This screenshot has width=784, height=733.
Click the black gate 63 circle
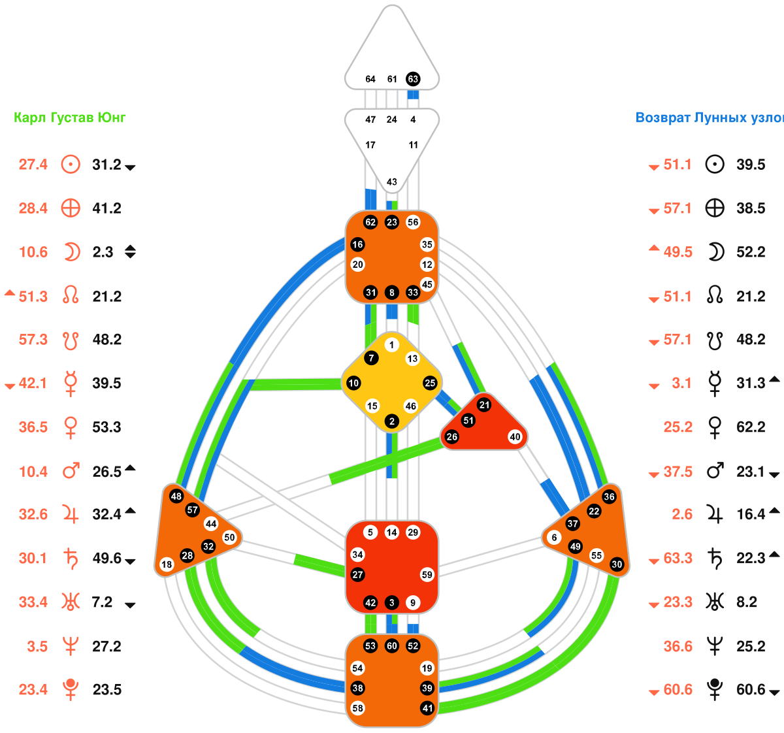pyautogui.click(x=412, y=79)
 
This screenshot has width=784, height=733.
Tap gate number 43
pyautogui.click(x=391, y=182)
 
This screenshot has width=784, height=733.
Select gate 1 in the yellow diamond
pyautogui.click(x=391, y=345)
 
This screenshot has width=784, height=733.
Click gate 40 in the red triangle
pyautogui.click(x=515, y=437)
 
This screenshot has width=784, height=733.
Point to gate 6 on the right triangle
pyautogui.click(x=555, y=538)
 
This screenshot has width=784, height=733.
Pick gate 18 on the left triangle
pyautogui.click(x=167, y=564)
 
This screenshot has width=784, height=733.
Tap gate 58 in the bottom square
pyautogui.click(x=357, y=708)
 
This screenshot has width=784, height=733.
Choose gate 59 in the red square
pyautogui.click(x=427, y=575)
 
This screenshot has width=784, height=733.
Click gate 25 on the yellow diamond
pyautogui.click(x=429, y=383)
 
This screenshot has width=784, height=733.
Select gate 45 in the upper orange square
pyautogui.click(x=427, y=284)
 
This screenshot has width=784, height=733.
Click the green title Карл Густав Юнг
pyautogui.click(x=70, y=118)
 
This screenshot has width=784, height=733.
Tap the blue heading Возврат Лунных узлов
pyautogui.click(x=710, y=118)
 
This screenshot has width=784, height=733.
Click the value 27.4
pyautogui.click(x=33, y=165)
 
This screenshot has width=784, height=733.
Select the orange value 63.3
pyautogui.click(x=678, y=559)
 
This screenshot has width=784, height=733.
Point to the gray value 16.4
pyautogui.click(x=751, y=515)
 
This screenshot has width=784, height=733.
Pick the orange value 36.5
pyautogui.click(x=33, y=427)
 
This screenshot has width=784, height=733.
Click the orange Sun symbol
pyautogui.click(x=71, y=164)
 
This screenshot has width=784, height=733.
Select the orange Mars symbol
pyautogui.click(x=71, y=470)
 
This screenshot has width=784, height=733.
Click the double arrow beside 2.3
pyautogui.click(x=130, y=252)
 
